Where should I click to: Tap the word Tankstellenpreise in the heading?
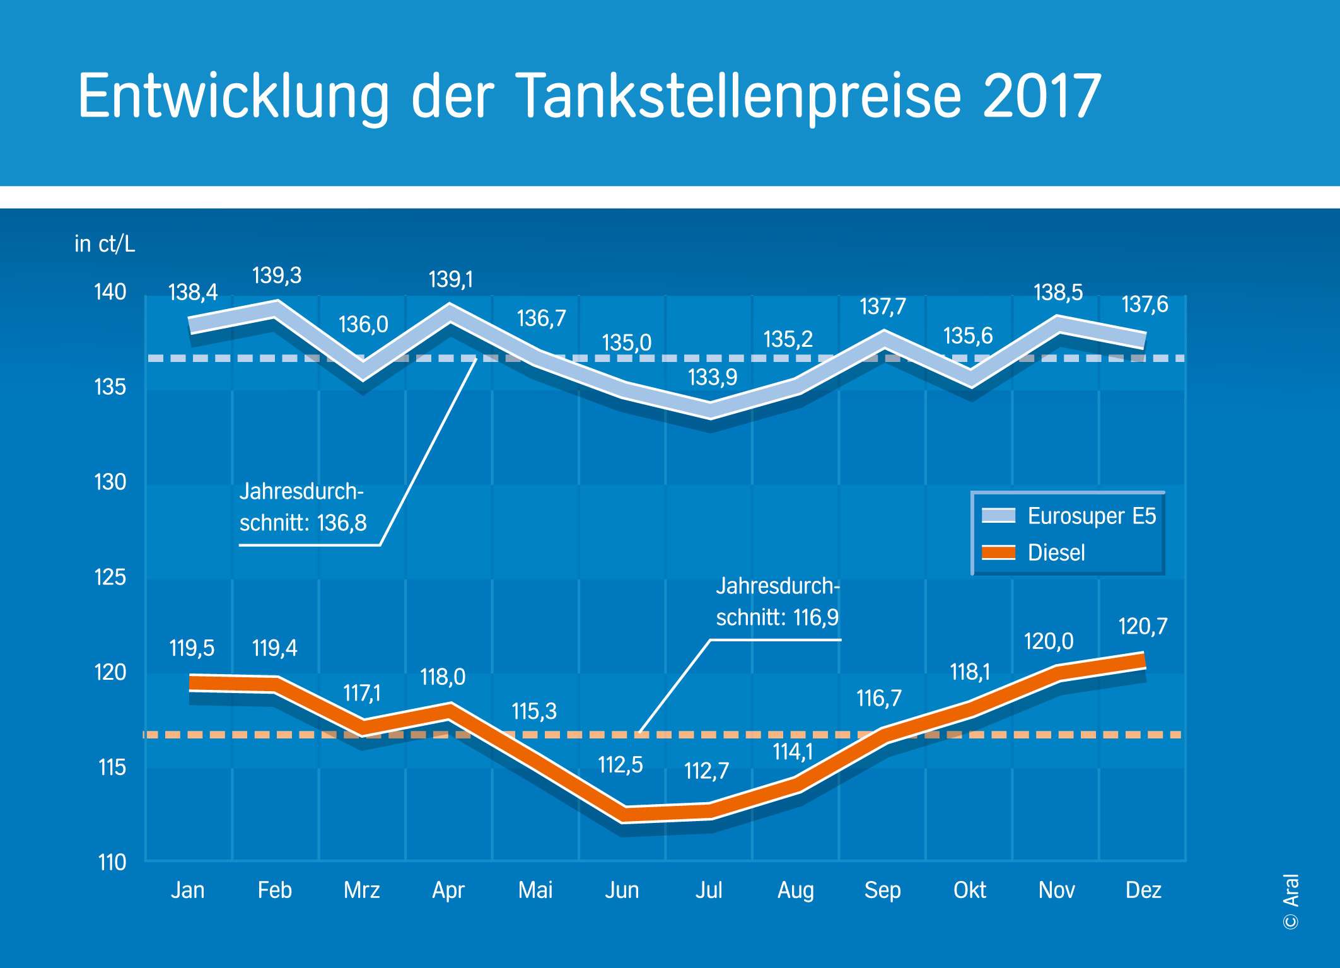coord(738,96)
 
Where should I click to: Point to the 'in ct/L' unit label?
coord(105,243)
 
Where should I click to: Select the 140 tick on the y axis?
coord(110,292)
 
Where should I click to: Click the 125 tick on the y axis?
coord(110,577)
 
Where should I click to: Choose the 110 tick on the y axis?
coord(112,862)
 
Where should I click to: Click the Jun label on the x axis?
coord(622,890)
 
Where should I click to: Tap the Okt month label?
coord(969,890)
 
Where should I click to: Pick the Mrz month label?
coord(361,890)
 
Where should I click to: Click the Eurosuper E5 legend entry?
coord(1091,516)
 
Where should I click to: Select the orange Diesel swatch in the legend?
coord(999,552)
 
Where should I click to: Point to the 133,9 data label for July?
coord(712,377)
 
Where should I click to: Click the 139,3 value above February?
coord(277,276)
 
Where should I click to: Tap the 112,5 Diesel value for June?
coord(620,765)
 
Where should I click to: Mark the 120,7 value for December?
coord(1143,626)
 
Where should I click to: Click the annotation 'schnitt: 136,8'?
coord(303,523)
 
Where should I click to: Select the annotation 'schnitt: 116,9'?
coord(777,617)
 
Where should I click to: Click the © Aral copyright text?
coord(1291,902)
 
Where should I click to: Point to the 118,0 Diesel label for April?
coord(443,677)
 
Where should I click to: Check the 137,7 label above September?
coord(882,306)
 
